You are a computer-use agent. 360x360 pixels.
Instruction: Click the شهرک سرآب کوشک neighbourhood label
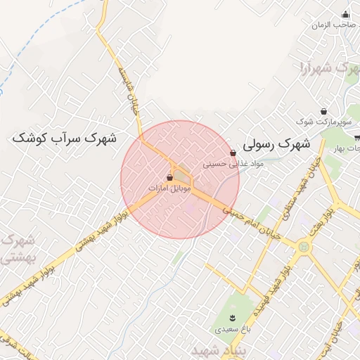(x=64, y=138)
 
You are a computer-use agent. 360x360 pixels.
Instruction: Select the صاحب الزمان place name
(x=333, y=25)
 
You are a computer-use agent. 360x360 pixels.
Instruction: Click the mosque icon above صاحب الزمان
(x=345, y=14)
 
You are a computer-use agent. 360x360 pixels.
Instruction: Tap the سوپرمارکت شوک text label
(x=323, y=122)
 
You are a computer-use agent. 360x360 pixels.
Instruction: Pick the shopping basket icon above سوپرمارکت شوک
(x=323, y=111)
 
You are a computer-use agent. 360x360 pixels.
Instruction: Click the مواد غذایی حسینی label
(x=233, y=164)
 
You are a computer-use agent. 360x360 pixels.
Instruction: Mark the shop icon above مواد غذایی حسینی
(x=233, y=153)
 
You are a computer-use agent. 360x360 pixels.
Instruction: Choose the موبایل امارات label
(x=170, y=188)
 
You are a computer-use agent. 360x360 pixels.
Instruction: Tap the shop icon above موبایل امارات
(x=170, y=178)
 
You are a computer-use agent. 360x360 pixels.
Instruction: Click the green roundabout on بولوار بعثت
(x=303, y=246)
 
